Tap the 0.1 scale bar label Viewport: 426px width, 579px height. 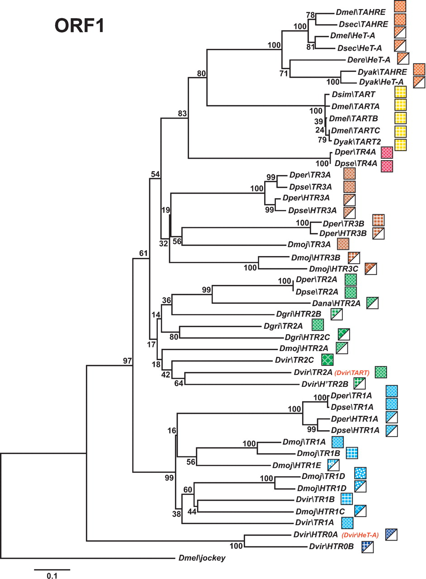[x=52, y=576]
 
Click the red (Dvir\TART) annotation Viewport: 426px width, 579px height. [x=352, y=373]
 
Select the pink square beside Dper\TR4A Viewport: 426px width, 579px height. [x=387, y=152]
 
